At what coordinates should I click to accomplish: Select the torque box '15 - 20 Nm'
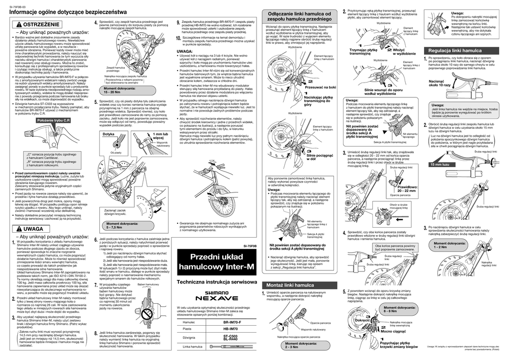coord(119,90)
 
